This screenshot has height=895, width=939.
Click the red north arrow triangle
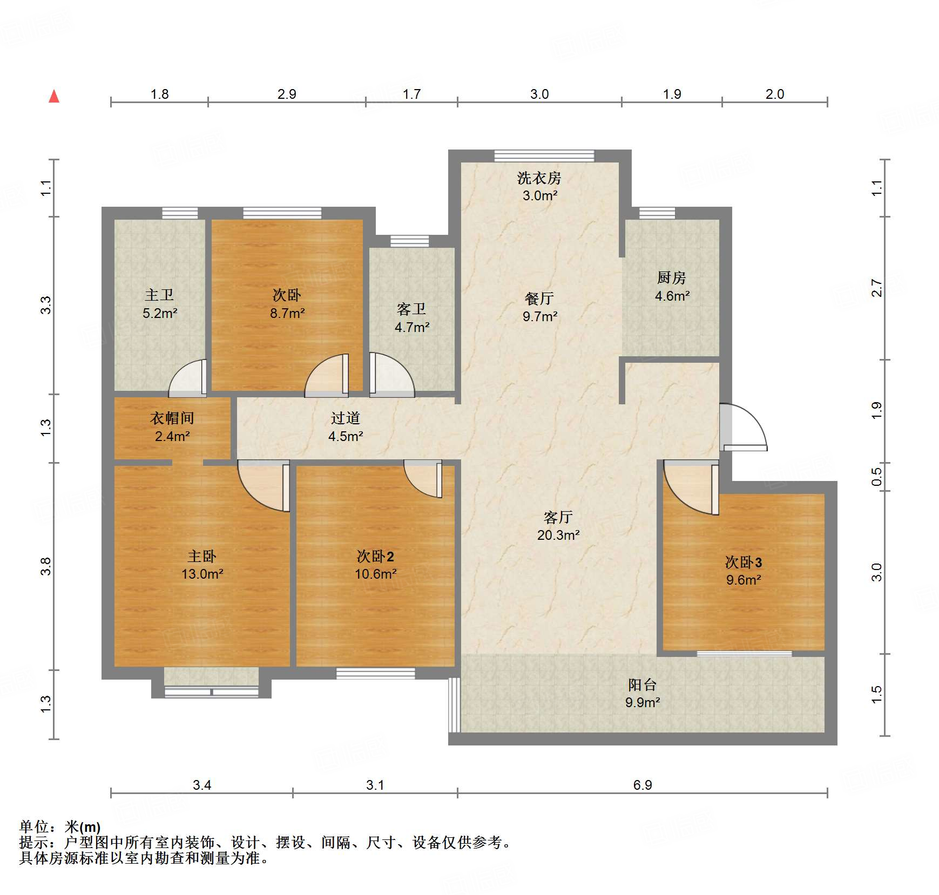pos(54,97)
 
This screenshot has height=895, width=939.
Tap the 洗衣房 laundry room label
pos(539,178)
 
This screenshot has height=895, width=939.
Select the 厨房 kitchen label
pos(671,277)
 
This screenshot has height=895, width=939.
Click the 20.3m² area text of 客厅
pos(558,535)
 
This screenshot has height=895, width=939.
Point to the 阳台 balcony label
pos(642,685)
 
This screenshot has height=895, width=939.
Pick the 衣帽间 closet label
pos(172,418)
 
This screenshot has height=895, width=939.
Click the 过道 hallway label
pos(345,418)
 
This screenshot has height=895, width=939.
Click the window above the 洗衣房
pos(544,156)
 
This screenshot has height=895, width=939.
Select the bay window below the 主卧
pos(211,691)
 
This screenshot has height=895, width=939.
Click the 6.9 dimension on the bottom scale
pos(642,785)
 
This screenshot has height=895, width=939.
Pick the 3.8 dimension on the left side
pos(46,566)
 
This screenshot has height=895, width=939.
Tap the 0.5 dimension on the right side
pos(876,477)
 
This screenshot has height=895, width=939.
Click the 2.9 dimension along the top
pos(287,94)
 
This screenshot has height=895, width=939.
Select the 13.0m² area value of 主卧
pos(202,574)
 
